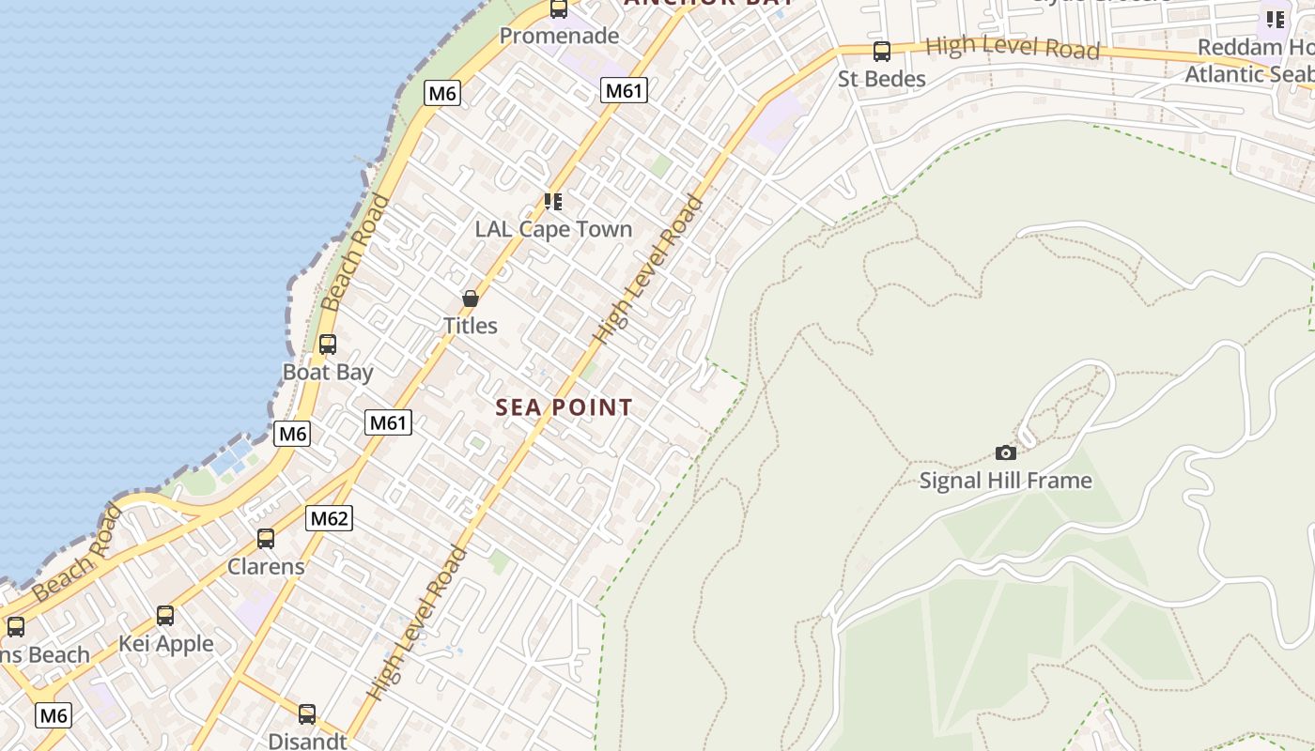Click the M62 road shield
[x=329, y=517]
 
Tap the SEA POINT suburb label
[x=564, y=407]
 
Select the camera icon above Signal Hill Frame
[x=1006, y=453]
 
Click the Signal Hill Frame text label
[x=1005, y=481]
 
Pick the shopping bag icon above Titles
[x=471, y=299]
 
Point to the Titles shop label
[x=471, y=326]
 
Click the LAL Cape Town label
[x=553, y=229]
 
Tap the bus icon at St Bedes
[x=881, y=52]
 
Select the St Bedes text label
[x=881, y=79]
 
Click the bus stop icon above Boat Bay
[x=328, y=345]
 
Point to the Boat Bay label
[x=328, y=372]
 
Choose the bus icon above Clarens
[x=266, y=539]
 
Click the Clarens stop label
[x=266, y=566]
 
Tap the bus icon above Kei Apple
[x=165, y=616]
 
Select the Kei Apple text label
[x=165, y=644]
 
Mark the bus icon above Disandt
[x=307, y=714]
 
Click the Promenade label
[x=559, y=36]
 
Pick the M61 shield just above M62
[x=388, y=422]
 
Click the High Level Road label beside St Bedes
[x=1012, y=48]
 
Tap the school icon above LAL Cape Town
[x=553, y=202]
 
